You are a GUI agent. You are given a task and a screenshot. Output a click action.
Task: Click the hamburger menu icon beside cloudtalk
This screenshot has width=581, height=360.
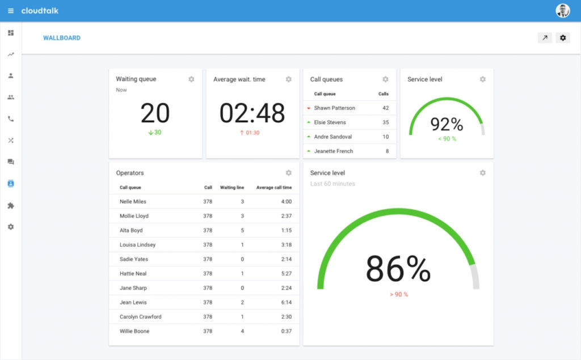pyautogui.click(x=11, y=11)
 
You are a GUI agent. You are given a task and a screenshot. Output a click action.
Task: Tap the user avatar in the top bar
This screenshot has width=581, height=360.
pyautogui.click(x=562, y=11)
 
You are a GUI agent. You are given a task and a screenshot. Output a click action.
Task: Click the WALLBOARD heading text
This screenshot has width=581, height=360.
pyautogui.click(x=62, y=38)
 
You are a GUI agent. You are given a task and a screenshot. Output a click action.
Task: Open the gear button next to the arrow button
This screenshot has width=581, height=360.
pyautogui.click(x=563, y=38)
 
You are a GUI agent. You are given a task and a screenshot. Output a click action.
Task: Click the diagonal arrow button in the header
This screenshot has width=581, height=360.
pyautogui.click(x=545, y=38)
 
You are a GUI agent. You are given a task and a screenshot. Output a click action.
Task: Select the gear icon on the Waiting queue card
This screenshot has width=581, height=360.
pyautogui.click(x=191, y=79)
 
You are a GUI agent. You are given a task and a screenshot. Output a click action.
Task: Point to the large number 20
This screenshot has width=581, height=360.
pyautogui.click(x=155, y=113)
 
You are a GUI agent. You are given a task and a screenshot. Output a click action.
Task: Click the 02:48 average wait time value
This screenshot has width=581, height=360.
pyautogui.click(x=252, y=113)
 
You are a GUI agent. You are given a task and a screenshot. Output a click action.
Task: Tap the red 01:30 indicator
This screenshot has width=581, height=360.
pyautogui.click(x=250, y=133)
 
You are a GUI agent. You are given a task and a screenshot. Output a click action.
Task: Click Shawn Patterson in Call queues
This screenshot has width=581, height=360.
pyautogui.click(x=334, y=108)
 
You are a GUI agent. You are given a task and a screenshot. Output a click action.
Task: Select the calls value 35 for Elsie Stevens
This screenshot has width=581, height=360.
pyautogui.click(x=385, y=122)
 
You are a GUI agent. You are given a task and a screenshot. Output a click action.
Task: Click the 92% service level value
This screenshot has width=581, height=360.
pyautogui.click(x=447, y=124)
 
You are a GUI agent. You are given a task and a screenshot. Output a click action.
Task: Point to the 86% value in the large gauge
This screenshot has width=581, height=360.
pyautogui.click(x=398, y=269)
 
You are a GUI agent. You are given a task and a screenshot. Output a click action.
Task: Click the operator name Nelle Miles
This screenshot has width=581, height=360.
pyautogui.click(x=133, y=202)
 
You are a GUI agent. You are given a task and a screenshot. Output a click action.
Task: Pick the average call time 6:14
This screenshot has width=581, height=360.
pyautogui.click(x=286, y=303)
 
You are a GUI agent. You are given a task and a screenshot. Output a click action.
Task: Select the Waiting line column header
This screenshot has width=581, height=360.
pyautogui.click(x=231, y=188)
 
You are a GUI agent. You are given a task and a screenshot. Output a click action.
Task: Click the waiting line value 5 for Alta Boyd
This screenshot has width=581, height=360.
pyautogui.click(x=242, y=231)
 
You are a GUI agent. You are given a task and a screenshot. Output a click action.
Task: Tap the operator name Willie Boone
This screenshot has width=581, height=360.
pyautogui.click(x=134, y=331)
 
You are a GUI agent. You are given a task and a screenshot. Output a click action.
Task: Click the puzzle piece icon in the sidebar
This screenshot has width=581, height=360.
pyautogui.click(x=11, y=206)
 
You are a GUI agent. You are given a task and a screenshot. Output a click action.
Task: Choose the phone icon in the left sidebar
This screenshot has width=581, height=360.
pyautogui.click(x=11, y=119)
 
